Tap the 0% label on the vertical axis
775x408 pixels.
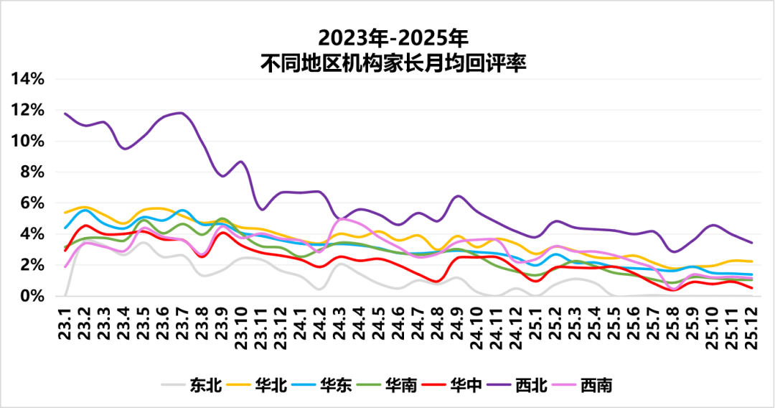[34, 296]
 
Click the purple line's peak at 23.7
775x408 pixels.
[181, 113]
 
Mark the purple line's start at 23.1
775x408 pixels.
[65, 113]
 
